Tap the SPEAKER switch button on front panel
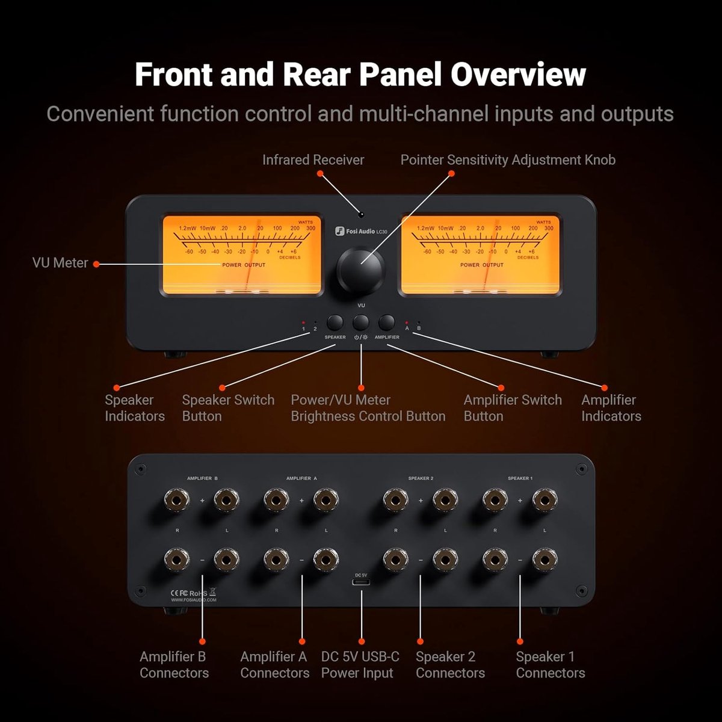[335, 322]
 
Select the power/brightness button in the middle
[361, 322]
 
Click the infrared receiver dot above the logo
[361, 214]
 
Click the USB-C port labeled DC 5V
[361, 583]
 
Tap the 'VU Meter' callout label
[60, 263]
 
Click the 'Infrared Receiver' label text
[313, 160]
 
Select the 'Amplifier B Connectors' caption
[174, 665]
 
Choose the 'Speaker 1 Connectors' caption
[550, 665]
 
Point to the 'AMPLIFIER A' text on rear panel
[301, 478]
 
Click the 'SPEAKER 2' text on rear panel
[421, 478]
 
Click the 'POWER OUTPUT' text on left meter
[244, 265]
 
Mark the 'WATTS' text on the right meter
[543, 222]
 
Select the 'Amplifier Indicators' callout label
[611, 408]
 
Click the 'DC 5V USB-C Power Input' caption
[360, 665]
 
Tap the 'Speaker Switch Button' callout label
[228, 408]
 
